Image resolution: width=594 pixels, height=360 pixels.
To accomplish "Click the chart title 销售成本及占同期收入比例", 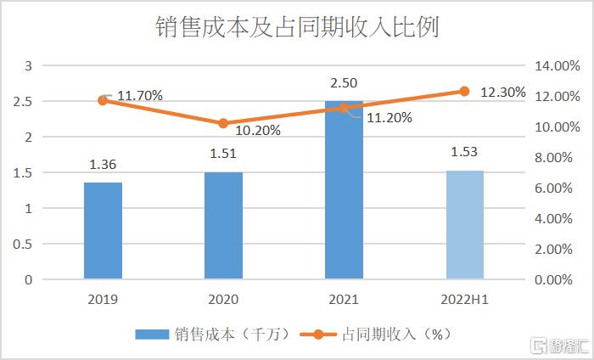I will (x=297, y=27).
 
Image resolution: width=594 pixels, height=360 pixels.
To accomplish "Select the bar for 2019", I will (x=103, y=231).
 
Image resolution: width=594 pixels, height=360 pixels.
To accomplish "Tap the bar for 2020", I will (x=223, y=226).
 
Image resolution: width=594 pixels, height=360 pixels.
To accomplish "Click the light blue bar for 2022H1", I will (x=464, y=225).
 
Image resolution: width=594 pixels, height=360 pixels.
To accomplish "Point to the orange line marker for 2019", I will (x=103, y=100).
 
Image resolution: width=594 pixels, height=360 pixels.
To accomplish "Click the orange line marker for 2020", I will (x=223, y=123).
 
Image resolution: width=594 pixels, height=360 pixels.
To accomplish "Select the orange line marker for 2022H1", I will (x=464, y=91).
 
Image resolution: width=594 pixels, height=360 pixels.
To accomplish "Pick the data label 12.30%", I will (x=502, y=92).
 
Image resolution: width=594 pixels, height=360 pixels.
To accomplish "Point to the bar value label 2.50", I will (x=344, y=82).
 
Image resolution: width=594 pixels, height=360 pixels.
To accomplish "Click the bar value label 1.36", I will (x=103, y=166).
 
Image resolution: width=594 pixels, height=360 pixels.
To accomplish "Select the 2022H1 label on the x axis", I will (x=464, y=299).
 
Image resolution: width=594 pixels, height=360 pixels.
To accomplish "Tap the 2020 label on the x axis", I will (x=223, y=299).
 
